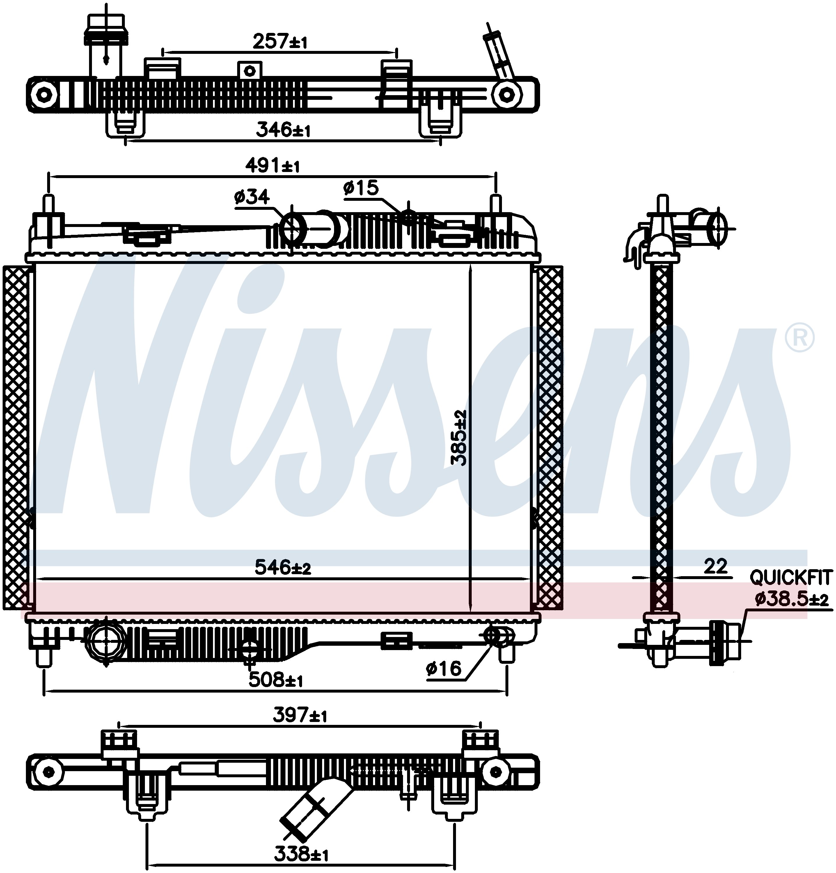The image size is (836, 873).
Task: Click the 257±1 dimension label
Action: [280, 41]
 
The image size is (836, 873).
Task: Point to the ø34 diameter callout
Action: [252, 196]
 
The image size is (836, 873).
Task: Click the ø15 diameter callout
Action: [361, 187]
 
